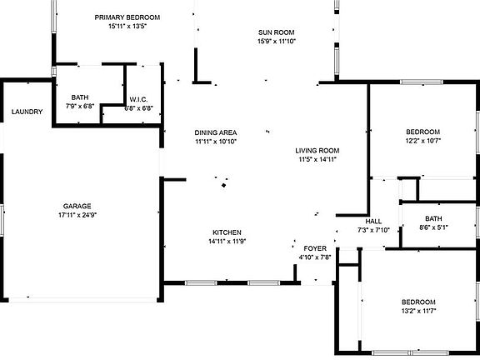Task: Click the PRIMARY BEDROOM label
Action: (127, 17)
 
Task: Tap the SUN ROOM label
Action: (276, 32)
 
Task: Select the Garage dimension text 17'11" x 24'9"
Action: (77, 215)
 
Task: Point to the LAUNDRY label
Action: (27, 112)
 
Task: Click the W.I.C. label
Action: (138, 99)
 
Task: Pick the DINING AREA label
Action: (216, 132)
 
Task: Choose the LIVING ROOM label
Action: (317, 151)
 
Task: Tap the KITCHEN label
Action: (227, 232)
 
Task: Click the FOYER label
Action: (315, 248)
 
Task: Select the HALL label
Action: (373, 222)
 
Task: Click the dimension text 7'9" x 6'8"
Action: (80, 106)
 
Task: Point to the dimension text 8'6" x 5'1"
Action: (433, 227)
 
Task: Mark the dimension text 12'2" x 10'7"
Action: (423, 141)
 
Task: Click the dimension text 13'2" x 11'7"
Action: (419, 311)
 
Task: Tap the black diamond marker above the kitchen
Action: (224, 185)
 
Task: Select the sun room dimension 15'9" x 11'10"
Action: (277, 42)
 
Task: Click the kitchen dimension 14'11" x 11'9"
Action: (227, 241)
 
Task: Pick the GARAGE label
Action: (77, 206)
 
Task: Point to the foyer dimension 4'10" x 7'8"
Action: (315, 257)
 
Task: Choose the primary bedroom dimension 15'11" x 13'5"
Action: (127, 27)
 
